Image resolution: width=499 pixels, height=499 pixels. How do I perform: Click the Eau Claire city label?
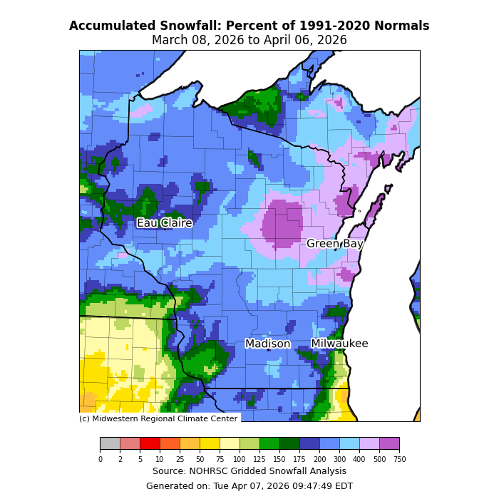point(165,223)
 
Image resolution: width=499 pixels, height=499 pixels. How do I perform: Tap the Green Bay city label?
point(335,244)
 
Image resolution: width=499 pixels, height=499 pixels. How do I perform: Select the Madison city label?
point(268,344)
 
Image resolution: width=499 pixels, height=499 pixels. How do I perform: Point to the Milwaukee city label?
point(339,344)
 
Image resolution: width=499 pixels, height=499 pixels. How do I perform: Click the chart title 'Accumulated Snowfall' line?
point(249,26)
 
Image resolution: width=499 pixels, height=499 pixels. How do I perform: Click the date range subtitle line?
point(249,41)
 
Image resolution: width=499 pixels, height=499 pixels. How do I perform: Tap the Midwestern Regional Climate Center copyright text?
point(158,418)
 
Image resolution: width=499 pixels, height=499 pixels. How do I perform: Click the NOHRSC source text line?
point(249,471)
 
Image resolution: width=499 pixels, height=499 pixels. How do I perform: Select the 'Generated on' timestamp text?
point(249,486)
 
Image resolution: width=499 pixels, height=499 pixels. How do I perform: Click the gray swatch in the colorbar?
point(110,444)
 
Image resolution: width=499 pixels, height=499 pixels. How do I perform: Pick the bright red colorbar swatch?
point(150,444)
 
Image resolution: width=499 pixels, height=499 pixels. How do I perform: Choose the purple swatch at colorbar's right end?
point(389,444)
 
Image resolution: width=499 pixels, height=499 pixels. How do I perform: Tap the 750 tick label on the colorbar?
point(399,459)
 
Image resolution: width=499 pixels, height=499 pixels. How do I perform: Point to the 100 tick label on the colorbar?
point(240,459)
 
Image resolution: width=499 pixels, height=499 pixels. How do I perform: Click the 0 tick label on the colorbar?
point(100,459)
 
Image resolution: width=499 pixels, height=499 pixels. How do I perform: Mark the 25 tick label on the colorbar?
point(180,459)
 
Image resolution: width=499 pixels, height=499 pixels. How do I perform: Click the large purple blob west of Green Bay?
point(282,222)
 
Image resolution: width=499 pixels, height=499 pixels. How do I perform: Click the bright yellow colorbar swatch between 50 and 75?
point(210,444)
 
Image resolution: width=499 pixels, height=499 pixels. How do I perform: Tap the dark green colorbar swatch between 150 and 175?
point(289,444)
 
